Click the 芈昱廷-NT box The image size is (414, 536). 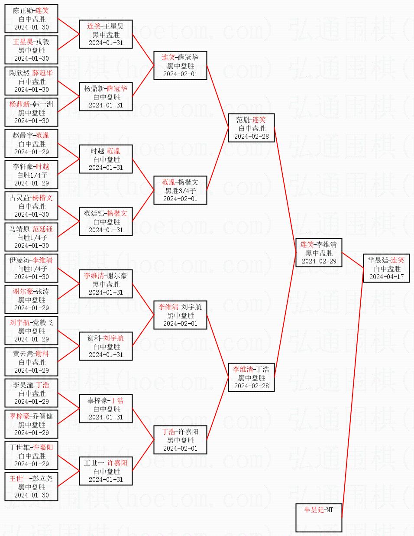pos(319,517)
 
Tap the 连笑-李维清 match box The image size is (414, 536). pos(319,253)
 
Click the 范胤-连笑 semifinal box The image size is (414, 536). pos(251,128)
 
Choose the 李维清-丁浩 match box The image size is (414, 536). pos(251,377)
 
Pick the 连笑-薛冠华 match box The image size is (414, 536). pos(180,65)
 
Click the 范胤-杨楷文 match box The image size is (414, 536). pos(180,190)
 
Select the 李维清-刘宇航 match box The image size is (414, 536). pos(180,315)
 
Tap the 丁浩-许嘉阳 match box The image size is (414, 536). pos(180,440)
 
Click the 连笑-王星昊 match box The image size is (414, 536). pos(106,34)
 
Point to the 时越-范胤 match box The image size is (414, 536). pos(106,159)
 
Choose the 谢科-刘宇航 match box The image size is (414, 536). pos(106,346)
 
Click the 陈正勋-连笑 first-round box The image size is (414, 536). pos(31,19)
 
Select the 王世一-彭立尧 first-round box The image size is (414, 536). pos(31,487)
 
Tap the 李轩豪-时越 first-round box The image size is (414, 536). pos(31,175)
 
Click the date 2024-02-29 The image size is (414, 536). pos(319,261)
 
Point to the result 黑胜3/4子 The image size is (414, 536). pos(180,191)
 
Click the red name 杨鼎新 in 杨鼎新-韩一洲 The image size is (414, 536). pos(19,104)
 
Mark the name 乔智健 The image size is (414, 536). pos(43,416)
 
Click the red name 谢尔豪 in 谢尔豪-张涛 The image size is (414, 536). pos(23,292)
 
